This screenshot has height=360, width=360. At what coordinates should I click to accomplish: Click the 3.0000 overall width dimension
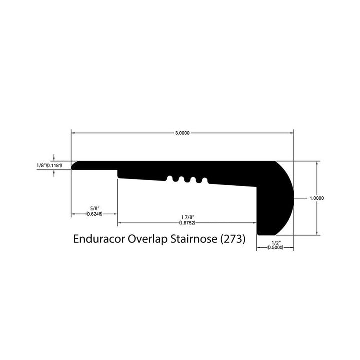tap(182, 133)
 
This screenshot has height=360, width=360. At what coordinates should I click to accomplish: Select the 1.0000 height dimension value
tap(317, 198)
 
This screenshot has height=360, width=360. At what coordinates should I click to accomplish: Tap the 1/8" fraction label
tap(41, 166)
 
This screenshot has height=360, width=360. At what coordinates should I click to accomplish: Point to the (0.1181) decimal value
tap(54, 166)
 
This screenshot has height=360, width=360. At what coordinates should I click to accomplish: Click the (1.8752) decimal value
tap(187, 223)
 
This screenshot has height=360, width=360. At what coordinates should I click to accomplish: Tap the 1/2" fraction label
tap(274, 242)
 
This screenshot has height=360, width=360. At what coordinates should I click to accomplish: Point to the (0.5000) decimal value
tap(274, 248)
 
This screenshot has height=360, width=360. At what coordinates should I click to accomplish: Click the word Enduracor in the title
tap(99, 239)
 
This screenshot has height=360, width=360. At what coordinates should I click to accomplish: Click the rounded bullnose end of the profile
tap(284, 197)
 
